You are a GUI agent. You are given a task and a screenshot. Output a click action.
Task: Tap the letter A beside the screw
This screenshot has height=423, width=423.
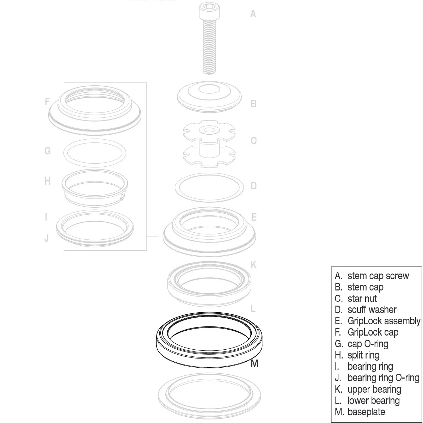(x=253, y=14)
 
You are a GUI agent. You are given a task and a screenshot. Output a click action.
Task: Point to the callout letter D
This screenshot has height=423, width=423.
(x=253, y=186)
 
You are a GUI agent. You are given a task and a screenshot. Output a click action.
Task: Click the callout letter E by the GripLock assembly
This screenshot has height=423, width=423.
(x=253, y=217)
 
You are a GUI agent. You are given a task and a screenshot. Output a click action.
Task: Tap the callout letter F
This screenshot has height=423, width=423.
(x=47, y=102)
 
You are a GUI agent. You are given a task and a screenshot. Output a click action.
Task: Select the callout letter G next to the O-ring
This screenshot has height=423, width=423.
(x=47, y=151)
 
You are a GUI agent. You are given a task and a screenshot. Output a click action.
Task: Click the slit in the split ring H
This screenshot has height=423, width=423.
(x=122, y=195)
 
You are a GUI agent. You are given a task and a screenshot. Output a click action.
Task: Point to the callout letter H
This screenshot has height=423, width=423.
(x=47, y=181)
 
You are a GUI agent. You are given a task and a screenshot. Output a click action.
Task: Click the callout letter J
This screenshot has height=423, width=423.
(x=47, y=238)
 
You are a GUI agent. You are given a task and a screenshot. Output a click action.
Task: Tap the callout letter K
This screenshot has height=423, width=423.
(x=253, y=265)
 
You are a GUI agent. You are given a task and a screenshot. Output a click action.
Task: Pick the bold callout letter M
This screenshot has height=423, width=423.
(x=255, y=363)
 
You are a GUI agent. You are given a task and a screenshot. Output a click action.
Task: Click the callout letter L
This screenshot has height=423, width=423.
(x=253, y=309)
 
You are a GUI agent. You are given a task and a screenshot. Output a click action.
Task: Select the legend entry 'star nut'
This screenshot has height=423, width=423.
(x=362, y=299)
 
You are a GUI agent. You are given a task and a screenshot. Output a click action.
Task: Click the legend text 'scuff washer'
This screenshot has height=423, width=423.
(x=372, y=310)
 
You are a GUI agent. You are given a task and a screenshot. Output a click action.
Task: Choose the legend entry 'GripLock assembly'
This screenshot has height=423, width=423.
(x=384, y=321)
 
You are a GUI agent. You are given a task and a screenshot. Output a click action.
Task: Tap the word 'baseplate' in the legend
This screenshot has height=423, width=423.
(x=366, y=412)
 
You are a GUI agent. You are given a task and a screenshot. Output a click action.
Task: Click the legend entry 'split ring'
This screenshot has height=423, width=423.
(x=363, y=355)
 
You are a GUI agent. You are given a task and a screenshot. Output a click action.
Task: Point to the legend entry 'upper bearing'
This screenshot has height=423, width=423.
(x=374, y=389)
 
